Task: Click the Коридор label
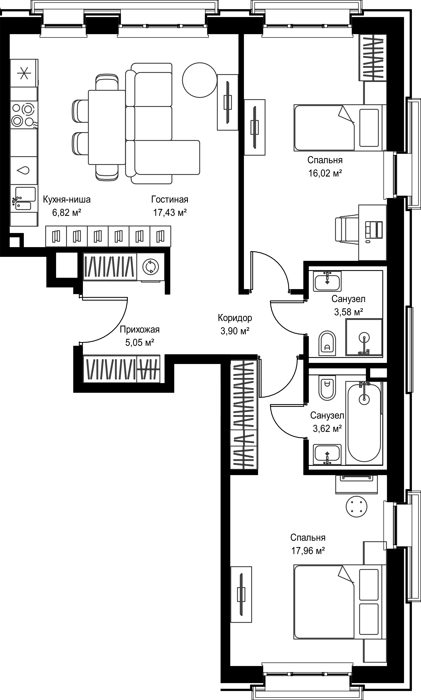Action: [x=235, y=318]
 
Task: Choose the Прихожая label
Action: [x=140, y=330]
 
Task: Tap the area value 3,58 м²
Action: [x=349, y=312]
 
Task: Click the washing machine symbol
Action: [x=151, y=267]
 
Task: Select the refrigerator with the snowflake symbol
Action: [x=24, y=73]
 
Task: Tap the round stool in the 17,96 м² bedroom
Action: [x=356, y=506]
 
